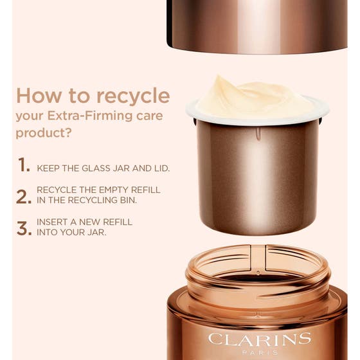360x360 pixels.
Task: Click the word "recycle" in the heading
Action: point(132,96)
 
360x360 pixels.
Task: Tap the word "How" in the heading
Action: point(37,96)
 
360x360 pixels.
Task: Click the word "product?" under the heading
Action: point(42,134)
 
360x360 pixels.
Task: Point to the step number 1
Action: point(24,165)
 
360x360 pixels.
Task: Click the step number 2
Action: point(24,197)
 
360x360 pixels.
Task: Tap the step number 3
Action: point(24,228)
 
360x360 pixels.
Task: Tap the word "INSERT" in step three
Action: point(54,222)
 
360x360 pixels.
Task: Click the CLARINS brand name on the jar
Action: point(259,339)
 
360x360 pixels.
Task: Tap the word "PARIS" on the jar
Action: point(259,353)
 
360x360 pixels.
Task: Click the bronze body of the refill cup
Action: point(257,174)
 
